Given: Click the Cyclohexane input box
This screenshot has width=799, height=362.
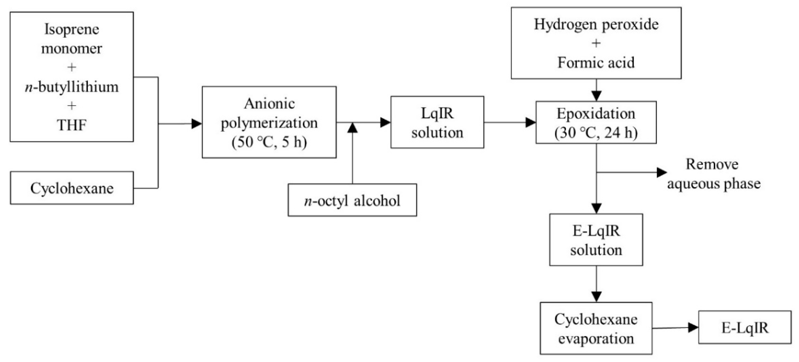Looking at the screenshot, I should [x=72, y=188].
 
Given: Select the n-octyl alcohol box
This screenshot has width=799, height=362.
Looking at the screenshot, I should [x=352, y=200].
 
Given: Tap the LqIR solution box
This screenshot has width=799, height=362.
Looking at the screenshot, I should [x=437, y=122].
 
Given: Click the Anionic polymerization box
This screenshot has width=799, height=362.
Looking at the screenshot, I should [x=269, y=122].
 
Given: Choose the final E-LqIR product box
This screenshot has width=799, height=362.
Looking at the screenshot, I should [x=745, y=327].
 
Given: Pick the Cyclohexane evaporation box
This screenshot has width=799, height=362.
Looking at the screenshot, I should [x=596, y=328].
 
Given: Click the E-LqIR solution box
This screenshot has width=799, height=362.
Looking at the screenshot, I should [x=596, y=240].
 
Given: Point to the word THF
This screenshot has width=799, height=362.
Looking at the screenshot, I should [x=72, y=125].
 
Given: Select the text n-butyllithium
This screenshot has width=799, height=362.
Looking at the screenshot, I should [x=72, y=87].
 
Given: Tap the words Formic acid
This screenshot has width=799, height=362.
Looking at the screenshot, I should [x=596, y=62].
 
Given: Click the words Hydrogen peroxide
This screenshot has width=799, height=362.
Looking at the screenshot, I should [x=596, y=24].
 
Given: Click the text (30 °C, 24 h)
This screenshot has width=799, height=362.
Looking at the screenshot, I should [x=596, y=133].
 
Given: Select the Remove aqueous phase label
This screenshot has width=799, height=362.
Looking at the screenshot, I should [x=713, y=174].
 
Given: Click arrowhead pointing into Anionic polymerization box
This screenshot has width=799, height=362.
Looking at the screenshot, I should [x=197, y=124].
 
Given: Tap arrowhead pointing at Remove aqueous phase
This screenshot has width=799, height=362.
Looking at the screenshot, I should [x=661, y=172].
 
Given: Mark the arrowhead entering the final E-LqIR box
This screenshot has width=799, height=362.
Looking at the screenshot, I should [x=693, y=327].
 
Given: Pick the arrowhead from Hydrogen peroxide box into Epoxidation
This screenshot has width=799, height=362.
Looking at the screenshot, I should [x=596, y=96].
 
